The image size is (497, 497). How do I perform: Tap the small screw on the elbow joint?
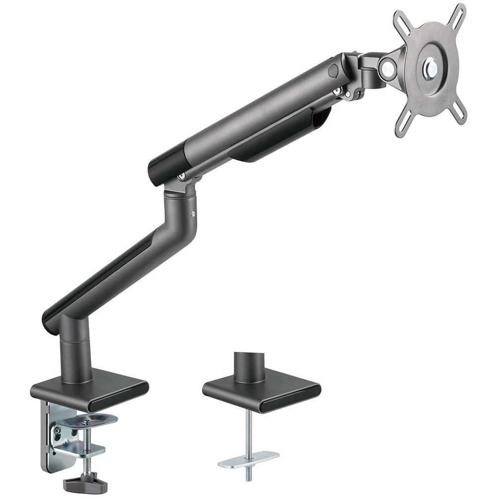[192, 214]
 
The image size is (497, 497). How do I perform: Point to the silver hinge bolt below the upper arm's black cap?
[182, 175]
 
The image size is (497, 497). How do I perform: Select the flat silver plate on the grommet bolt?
[248, 458]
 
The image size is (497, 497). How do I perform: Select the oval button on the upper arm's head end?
[332, 71]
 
